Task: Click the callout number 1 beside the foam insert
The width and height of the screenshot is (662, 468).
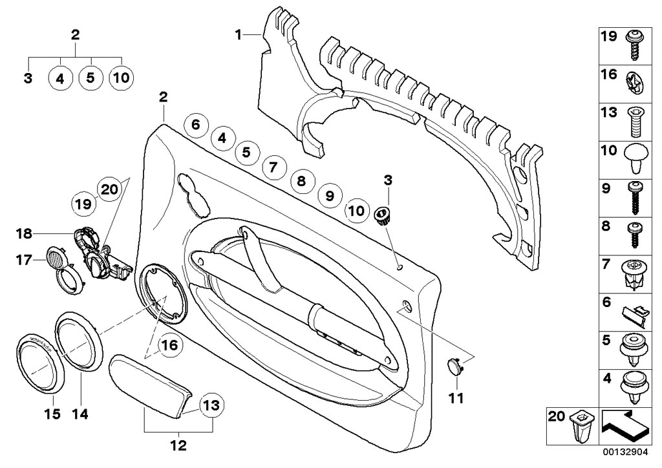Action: (239, 34)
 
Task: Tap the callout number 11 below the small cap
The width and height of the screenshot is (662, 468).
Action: (456, 399)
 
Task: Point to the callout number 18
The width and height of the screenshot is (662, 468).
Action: (24, 233)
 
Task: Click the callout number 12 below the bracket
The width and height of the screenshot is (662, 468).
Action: (178, 445)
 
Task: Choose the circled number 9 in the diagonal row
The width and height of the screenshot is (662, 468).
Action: (328, 195)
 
